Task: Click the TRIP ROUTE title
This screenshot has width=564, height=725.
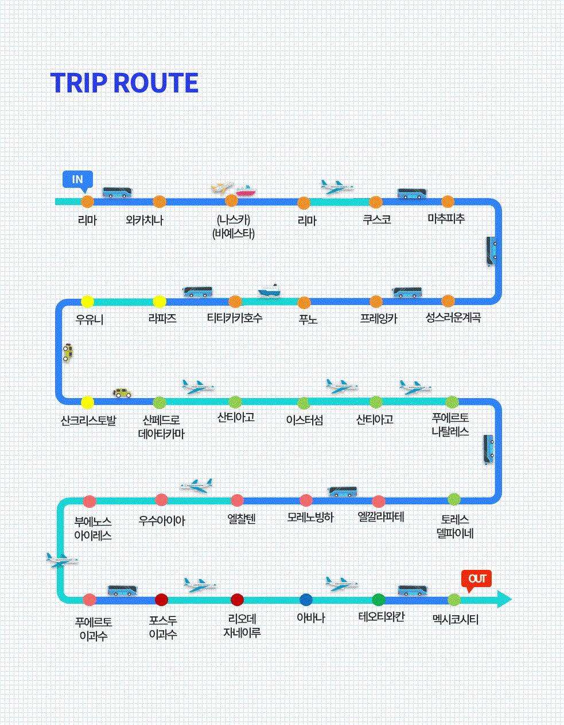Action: pyautogui.click(x=125, y=83)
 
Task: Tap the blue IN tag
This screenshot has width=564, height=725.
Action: pyautogui.click(x=77, y=179)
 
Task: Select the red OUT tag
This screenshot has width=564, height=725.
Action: pyautogui.click(x=477, y=579)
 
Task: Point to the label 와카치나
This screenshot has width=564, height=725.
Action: pyautogui.click(x=145, y=220)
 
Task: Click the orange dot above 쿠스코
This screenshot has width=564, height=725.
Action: pyautogui.click(x=376, y=202)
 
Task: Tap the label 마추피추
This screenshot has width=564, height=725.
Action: pyautogui.click(x=446, y=219)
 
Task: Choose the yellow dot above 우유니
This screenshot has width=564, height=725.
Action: pyautogui.click(x=87, y=301)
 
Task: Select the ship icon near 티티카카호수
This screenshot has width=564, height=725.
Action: pyautogui.click(x=269, y=291)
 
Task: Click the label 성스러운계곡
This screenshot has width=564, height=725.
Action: pyautogui.click(x=453, y=318)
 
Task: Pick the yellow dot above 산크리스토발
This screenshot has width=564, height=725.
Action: pyautogui.click(x=87, y=402)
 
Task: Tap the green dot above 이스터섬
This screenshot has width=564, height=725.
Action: pyautogui.click(x=304, y=402)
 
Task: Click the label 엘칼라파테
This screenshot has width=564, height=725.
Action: pyautogui.click(x=381, y=517)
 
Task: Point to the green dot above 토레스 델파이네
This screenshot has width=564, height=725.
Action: pyautogui.click(x=454, y=499)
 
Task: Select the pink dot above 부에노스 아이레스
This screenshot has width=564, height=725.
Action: pyautogui.click(x=89, y=501)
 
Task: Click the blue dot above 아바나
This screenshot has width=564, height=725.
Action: pyautogui.click(x=306, y=600)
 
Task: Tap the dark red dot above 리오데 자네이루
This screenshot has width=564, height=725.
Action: pyautogui.click(x=237, y=600)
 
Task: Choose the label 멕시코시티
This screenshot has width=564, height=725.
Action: pyautogui.click(x=455, y=620)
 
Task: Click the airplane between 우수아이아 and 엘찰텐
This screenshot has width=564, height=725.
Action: pyautogui.click(x=197, y=486)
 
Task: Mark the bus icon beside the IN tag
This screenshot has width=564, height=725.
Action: pyautogui.click(x=117, y=192)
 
